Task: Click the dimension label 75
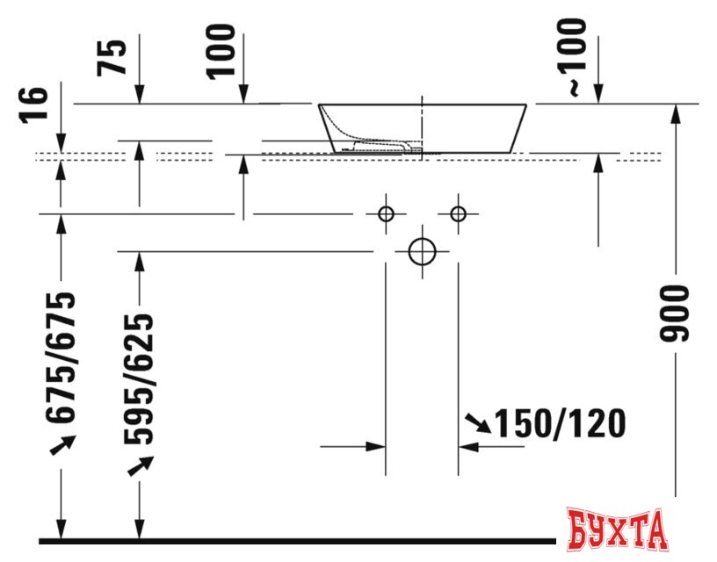(x=112, y=58)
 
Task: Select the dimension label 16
(x=34, y=104)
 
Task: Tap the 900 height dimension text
(x=674, y=313)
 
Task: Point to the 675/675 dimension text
(x=61, y=357)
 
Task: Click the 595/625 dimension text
(x=139, y=378)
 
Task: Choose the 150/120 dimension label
(x=561, y=423)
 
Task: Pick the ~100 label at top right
(x=572, y=57)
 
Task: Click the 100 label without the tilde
(x=221, y=52)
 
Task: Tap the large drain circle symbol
(x=422, y=251)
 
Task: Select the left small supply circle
(x=387, y=213)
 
